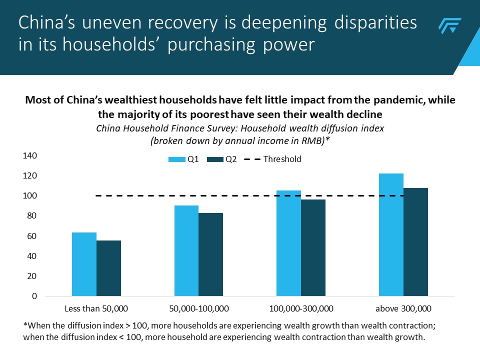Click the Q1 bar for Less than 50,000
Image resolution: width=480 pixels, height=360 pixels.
point(84,264)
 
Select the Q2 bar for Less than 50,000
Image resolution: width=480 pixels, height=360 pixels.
point(108,268)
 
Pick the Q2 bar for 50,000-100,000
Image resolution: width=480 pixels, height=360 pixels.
point(210,254)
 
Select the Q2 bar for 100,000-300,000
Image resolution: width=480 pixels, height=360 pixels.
point(313,248)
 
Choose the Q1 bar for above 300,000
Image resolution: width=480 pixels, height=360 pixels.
point(391,235)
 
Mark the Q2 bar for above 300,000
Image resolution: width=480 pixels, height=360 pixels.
point(415,242)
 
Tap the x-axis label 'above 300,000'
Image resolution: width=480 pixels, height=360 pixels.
point(403,307)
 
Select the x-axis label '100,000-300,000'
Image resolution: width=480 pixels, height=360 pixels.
point(301,307)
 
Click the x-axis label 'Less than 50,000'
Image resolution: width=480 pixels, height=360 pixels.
point(96,307)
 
